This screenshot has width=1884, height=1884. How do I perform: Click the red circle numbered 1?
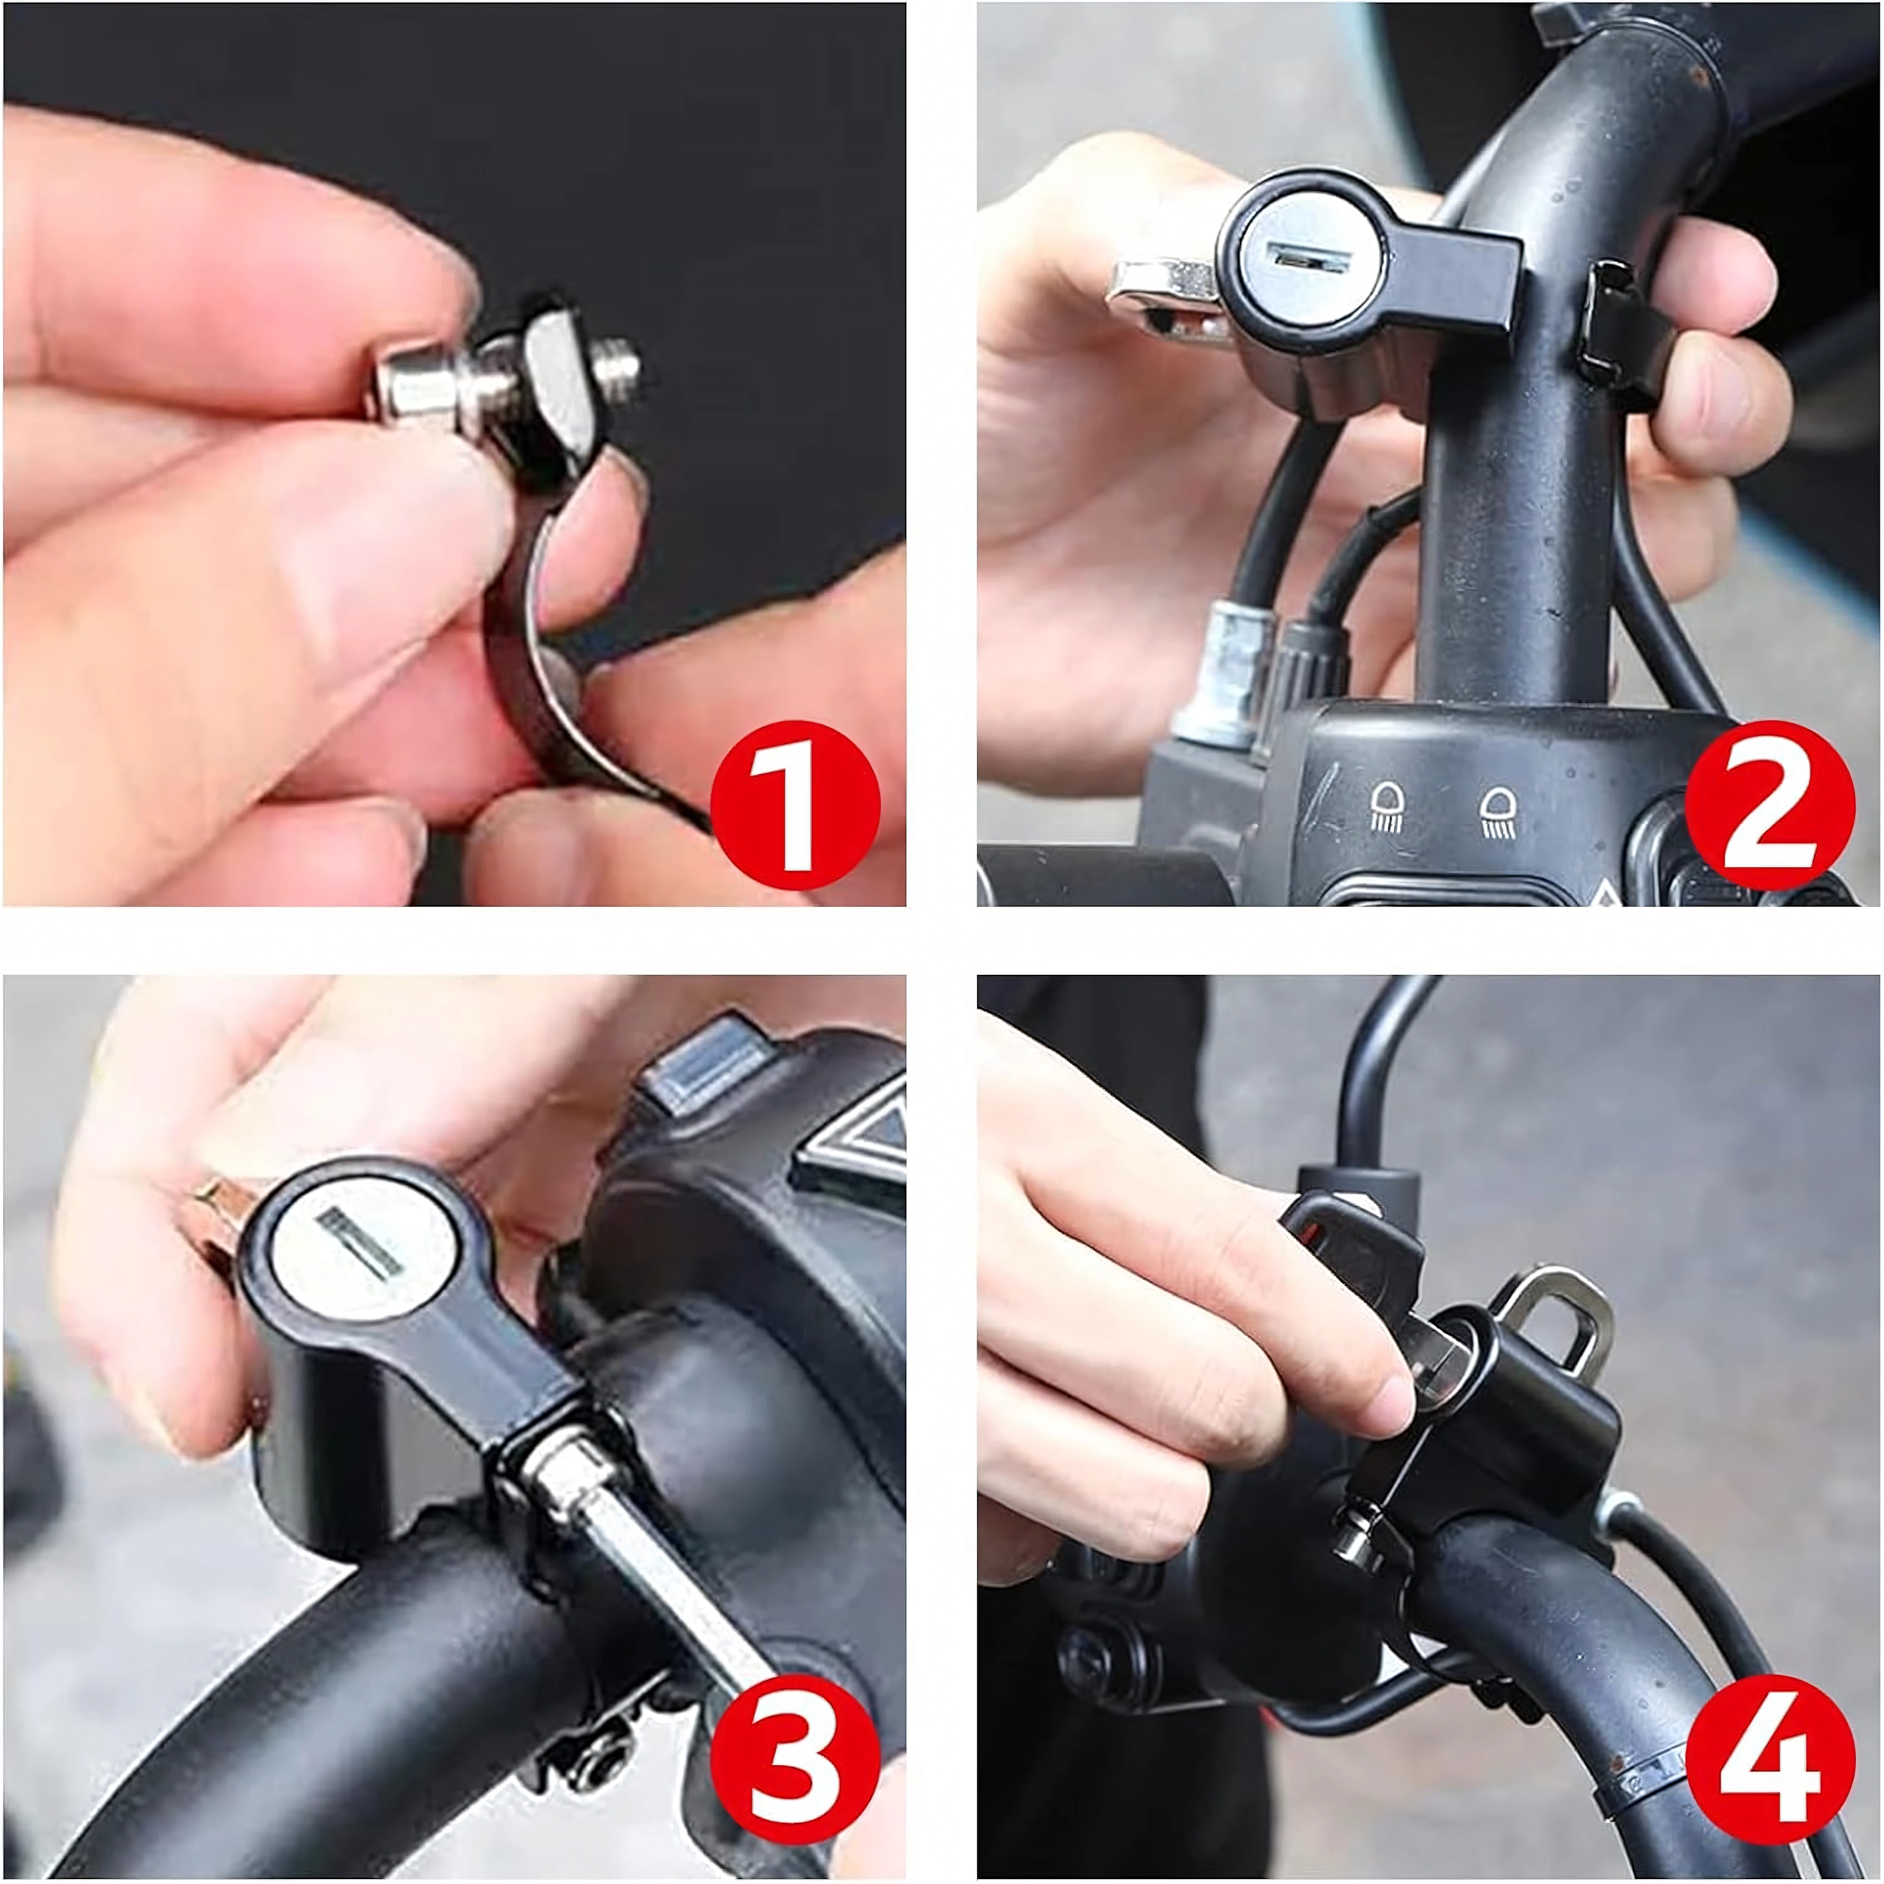795,805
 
